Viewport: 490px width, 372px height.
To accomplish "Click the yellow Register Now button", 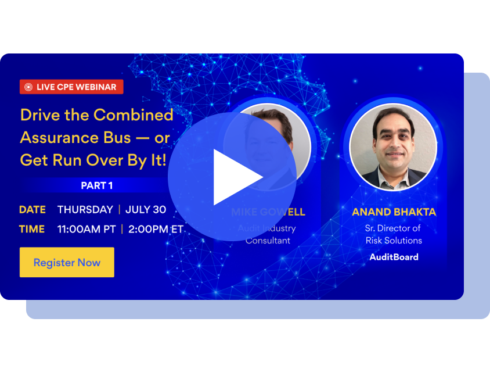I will click(x=67, y=262).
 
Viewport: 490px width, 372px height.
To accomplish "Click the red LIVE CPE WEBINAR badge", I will click(x=71, y=87).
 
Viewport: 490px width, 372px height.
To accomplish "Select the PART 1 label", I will click(x=97, y=185).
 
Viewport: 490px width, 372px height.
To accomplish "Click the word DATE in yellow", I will click(x=33, y=210).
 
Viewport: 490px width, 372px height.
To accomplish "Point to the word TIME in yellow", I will click(x=32, y=229).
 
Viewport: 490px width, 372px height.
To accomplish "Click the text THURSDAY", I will click(x=85, y=210).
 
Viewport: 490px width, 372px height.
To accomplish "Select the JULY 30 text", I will click(x=146, y=210).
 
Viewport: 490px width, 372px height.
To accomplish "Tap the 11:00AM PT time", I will click(x=87, y=229).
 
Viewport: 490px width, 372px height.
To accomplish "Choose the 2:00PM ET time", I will click(x=156, y=229).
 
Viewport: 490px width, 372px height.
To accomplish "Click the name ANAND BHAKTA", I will click(x=394, y=212).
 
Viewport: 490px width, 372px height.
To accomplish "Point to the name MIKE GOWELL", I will click(x=268, y=212).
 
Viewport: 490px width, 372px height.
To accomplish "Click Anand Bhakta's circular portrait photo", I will click(x=393, y=147).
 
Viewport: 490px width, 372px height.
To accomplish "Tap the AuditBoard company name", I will click(x=394, y=257).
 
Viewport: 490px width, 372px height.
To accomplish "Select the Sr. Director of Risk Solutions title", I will click(x=394, y=234).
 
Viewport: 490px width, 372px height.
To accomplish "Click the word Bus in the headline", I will click(x=119, y=137).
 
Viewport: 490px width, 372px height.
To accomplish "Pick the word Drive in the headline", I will click(x=40, y=115).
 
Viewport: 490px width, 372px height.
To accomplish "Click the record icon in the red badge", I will click(x=28, y=87).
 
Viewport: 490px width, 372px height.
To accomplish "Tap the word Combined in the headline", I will click(x=134, y=115).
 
